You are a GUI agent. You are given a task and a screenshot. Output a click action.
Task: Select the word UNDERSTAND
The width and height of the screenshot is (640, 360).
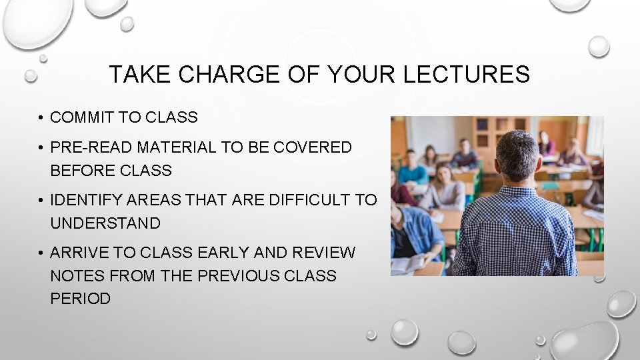(105, 223)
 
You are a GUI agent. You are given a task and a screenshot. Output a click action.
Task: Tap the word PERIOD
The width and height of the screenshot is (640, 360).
(80, 299)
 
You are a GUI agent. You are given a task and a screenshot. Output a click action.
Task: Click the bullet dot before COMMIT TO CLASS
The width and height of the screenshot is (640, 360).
(41, 119)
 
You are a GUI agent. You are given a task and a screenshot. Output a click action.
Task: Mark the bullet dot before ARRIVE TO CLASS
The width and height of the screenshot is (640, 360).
(41, 253)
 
